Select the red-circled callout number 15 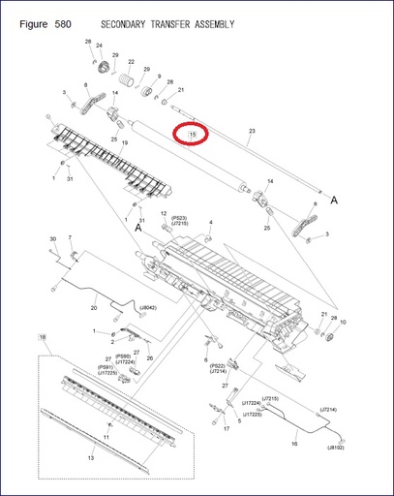coord(193,134)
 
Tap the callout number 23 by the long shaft coord(252,130)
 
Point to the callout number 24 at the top coord(99,46)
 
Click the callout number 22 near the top coord(131,61)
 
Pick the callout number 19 coord(125,142)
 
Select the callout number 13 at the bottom coord(91,457)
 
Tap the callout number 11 coord(106,437)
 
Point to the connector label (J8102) coord(336,448)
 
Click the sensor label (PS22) coord(219,364)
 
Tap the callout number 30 coord(52,238)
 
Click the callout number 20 coord(94,308)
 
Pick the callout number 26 coord(149,357)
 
